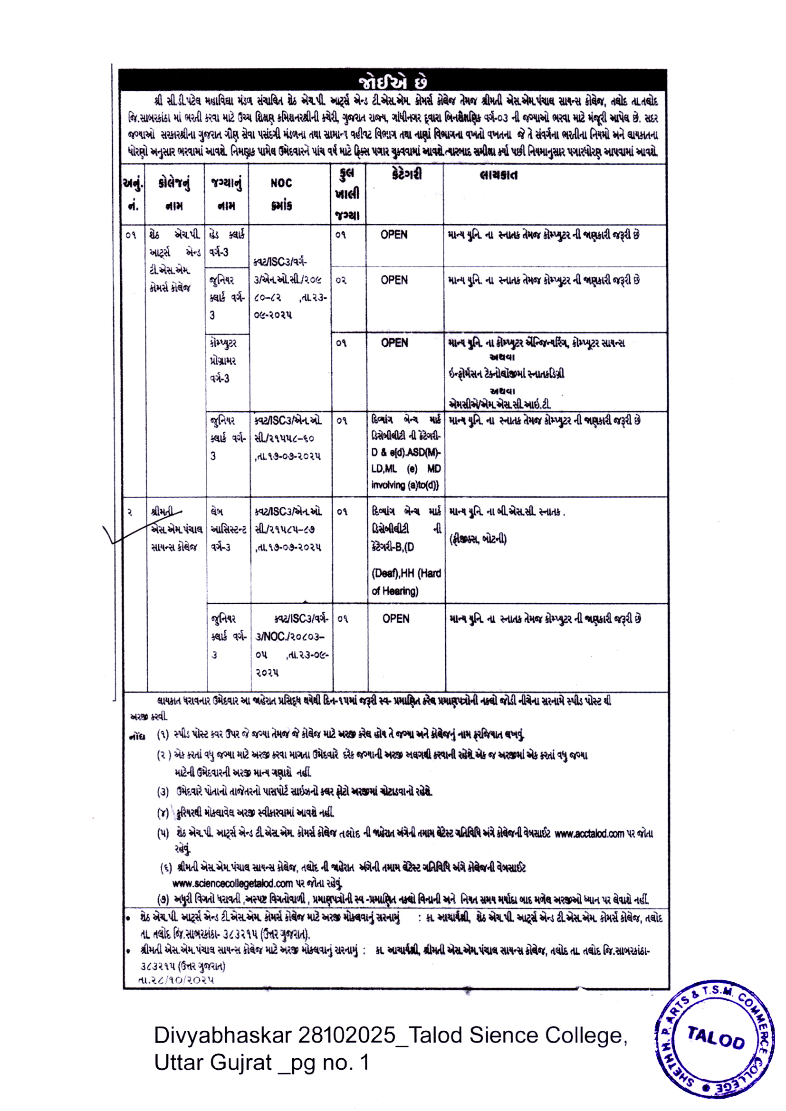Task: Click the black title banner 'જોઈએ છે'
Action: click(x=393, y=81)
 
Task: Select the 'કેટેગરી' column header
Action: click(x=407, y=174)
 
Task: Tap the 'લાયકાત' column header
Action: click(x=498, y=175)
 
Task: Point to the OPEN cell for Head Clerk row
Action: click(x=394, y=235)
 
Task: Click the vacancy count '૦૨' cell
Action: click(x=341, y=280)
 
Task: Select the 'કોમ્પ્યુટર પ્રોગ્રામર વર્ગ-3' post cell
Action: click(x=224, y=361)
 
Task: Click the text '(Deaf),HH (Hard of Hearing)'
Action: click(x=406, y=582)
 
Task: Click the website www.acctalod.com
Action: click(x=589, y=834)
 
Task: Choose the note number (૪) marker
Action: click(x=163, y=813)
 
